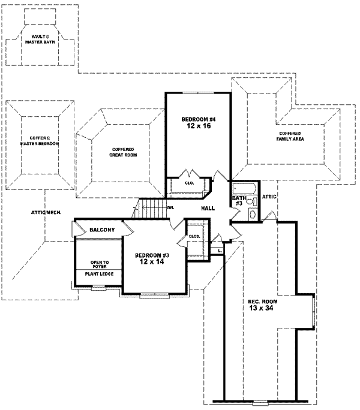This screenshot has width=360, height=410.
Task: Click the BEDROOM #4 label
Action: pyautogui.click(x=198, y=120)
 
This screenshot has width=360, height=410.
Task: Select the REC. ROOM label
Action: pyautogui.click(x=262, y=302)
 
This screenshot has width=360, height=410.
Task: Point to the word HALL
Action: pyautogui.click(x=208, y=208)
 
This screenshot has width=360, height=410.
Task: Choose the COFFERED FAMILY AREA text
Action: pyautogui.click(x=290, y=135)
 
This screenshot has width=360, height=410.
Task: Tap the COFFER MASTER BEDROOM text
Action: pyautogui.click(x=38, y=140)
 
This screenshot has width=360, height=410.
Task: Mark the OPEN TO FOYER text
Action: pyautogui.click(x=99, y=264)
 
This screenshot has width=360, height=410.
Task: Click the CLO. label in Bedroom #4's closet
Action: pyautogui.click(x=188, y=183)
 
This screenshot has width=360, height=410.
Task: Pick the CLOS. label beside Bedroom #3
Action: pyautogui.click(x=194, y=236)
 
